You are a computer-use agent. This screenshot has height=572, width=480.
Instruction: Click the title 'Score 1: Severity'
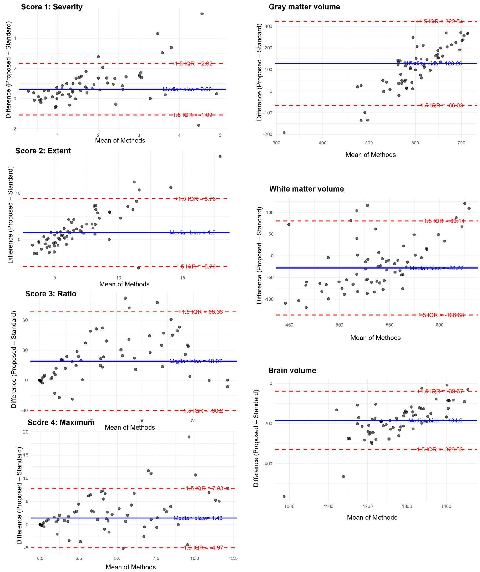(x=52, y=7)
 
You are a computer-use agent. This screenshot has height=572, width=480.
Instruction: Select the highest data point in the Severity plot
(x=202, y=14)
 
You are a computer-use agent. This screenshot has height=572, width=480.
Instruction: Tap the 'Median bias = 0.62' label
(x=187, y=90)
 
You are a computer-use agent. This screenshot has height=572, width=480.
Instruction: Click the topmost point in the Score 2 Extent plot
(x=220, y=156)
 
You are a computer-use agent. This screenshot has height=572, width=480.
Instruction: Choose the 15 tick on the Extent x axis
(x=183, y=278)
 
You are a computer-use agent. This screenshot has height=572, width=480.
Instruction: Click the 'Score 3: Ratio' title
(x=51, y=294)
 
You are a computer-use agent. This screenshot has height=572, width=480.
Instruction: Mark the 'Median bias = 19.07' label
(x=196, y=361)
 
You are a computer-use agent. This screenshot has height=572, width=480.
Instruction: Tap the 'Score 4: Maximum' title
(x=61, y=422)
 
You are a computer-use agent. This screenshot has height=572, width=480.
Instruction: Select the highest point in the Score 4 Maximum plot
(x=189, y=437)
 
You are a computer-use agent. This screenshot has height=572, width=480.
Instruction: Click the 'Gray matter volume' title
(x=304, y=7)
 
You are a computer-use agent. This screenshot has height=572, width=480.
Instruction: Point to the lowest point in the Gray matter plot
(x=284, y=133)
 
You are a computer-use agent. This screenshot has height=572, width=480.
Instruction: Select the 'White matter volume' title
(x=306, y=189)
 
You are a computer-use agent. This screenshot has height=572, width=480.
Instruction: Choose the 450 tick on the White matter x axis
(x=289, y=325)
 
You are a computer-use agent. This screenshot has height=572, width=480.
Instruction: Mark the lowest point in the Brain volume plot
(x=284, y=496)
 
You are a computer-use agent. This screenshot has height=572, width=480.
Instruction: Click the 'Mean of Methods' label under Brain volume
(x=372, y=517)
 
